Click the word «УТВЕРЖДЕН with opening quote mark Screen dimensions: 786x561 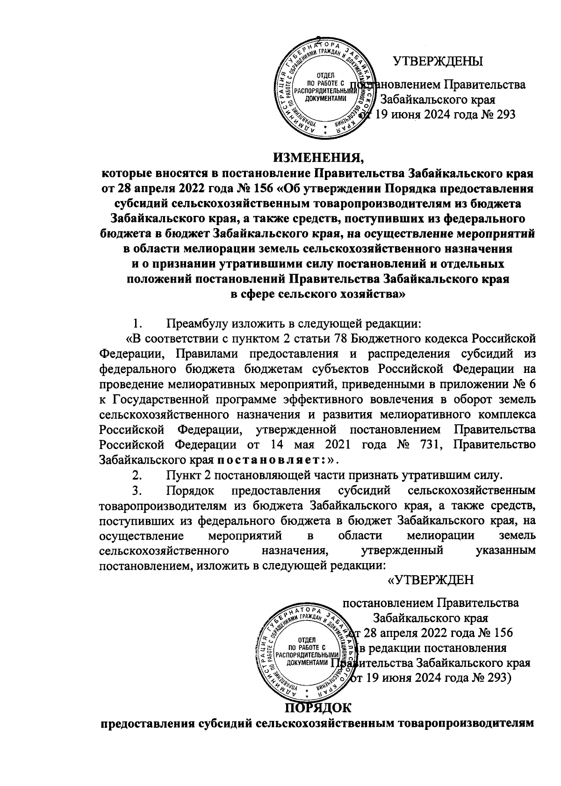(432, 580)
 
